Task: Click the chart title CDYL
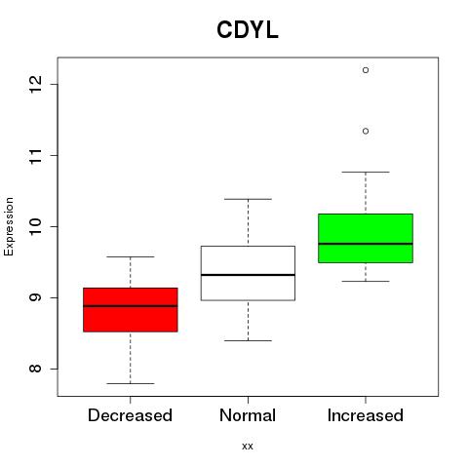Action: (248, 30)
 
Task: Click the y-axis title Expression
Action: (9, 226)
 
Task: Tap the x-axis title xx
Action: (248, 446)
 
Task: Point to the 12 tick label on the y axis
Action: (35, 84)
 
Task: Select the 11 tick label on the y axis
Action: (35, 155)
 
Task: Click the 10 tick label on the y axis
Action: (35, 226)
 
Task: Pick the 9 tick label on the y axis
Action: (35, 297)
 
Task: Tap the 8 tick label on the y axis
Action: (35, 369)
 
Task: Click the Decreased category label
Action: (130, 415)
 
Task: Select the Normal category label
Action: (248, 415)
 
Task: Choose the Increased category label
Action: (366, 415)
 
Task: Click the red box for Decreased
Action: (131, 310)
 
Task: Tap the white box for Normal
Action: (248, 273)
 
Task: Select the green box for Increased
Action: (366, 238)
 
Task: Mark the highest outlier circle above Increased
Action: (366, 70)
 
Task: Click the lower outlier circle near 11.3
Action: (366, 131)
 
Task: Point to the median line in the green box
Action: (366, 244)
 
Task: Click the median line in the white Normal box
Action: (248, 275)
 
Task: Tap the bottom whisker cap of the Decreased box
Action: (131, 383)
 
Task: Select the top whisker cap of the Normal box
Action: (248, 199)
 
